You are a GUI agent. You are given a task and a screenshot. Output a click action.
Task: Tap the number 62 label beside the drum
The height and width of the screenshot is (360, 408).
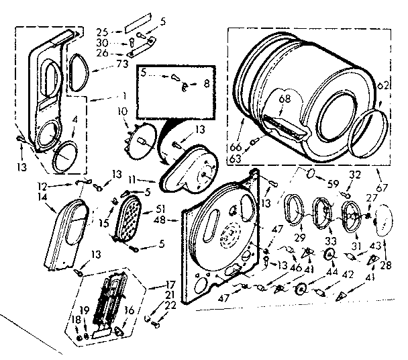tap(382, 85)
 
